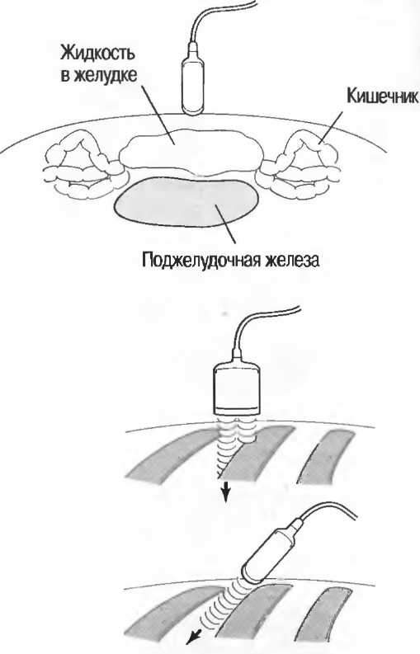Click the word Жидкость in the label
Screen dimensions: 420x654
(98, 54)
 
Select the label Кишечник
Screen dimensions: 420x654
(382, 96)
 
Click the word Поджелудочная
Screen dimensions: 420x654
(202, 260)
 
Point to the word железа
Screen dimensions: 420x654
(293, 260)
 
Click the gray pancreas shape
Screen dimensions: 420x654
(186, 202)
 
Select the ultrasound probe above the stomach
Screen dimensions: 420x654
(192, 79)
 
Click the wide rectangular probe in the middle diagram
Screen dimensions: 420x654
(237, 387)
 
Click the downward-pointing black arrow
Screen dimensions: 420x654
(225, 491)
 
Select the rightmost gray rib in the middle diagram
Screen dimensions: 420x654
(327, 457)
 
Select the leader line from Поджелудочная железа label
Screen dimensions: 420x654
(225, 224)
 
